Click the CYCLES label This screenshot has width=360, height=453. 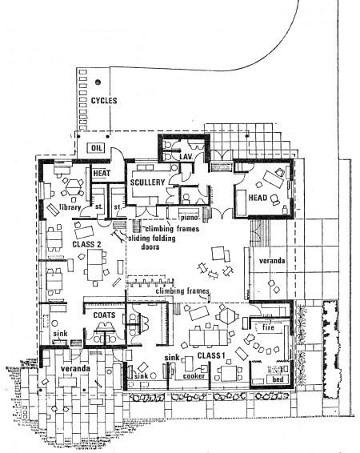click(x=104, y=101)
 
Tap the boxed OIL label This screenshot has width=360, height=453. click(x=97, y=148)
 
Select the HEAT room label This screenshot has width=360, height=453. click(x=102, y=174)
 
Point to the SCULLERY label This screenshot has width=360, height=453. click(x=147, y=182)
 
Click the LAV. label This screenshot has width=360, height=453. click(x=186, y=157)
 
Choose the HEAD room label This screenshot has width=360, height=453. click(x=258, y=198)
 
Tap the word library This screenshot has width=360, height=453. click(x=70, y=207)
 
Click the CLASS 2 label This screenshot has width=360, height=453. click(x=86, y=244)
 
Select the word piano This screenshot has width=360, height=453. click(x=189, y=217)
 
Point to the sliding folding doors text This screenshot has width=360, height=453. click(x=152, y=243)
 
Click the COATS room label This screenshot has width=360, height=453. click(x=104, y=315)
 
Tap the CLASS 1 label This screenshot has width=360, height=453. click(x=211, y=355)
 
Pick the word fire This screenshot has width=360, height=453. click(x=268, y=327)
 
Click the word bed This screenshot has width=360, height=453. click(x=278, y=379)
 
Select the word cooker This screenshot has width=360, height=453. click(x=194, y=376)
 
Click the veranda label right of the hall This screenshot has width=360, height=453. click(x=272, y=261)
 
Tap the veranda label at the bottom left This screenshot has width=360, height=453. click(x=75, y=369)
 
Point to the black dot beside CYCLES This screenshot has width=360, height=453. click(x=98, y=82)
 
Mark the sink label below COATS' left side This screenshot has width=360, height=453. click(x=60, y=334)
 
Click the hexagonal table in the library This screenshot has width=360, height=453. click(x=72, y=188)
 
